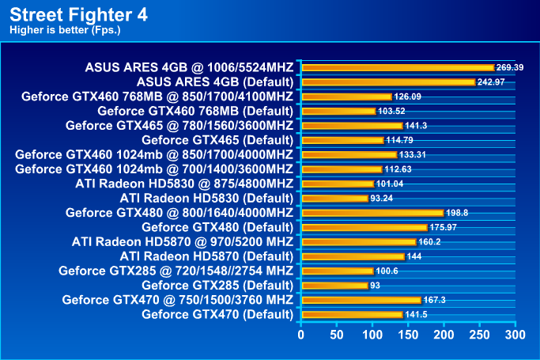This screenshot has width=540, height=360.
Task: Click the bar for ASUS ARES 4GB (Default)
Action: coord(387,82)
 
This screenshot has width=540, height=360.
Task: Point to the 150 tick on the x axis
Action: coord(408,335)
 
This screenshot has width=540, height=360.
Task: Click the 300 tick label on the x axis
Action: coord(515,335)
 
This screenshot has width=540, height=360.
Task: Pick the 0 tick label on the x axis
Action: coord(300,335)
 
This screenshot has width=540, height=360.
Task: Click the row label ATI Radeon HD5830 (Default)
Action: coord(207,198)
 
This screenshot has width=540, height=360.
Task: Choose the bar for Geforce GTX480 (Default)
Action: coord(363,227)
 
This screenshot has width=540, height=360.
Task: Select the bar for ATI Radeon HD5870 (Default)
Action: coord(352,256)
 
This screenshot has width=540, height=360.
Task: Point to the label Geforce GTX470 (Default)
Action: coord(217,314)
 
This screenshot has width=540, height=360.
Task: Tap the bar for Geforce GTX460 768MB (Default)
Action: coord(338,112)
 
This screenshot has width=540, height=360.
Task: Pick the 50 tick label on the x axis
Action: coord(336,335)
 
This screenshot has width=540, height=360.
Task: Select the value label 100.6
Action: coord(386,271)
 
